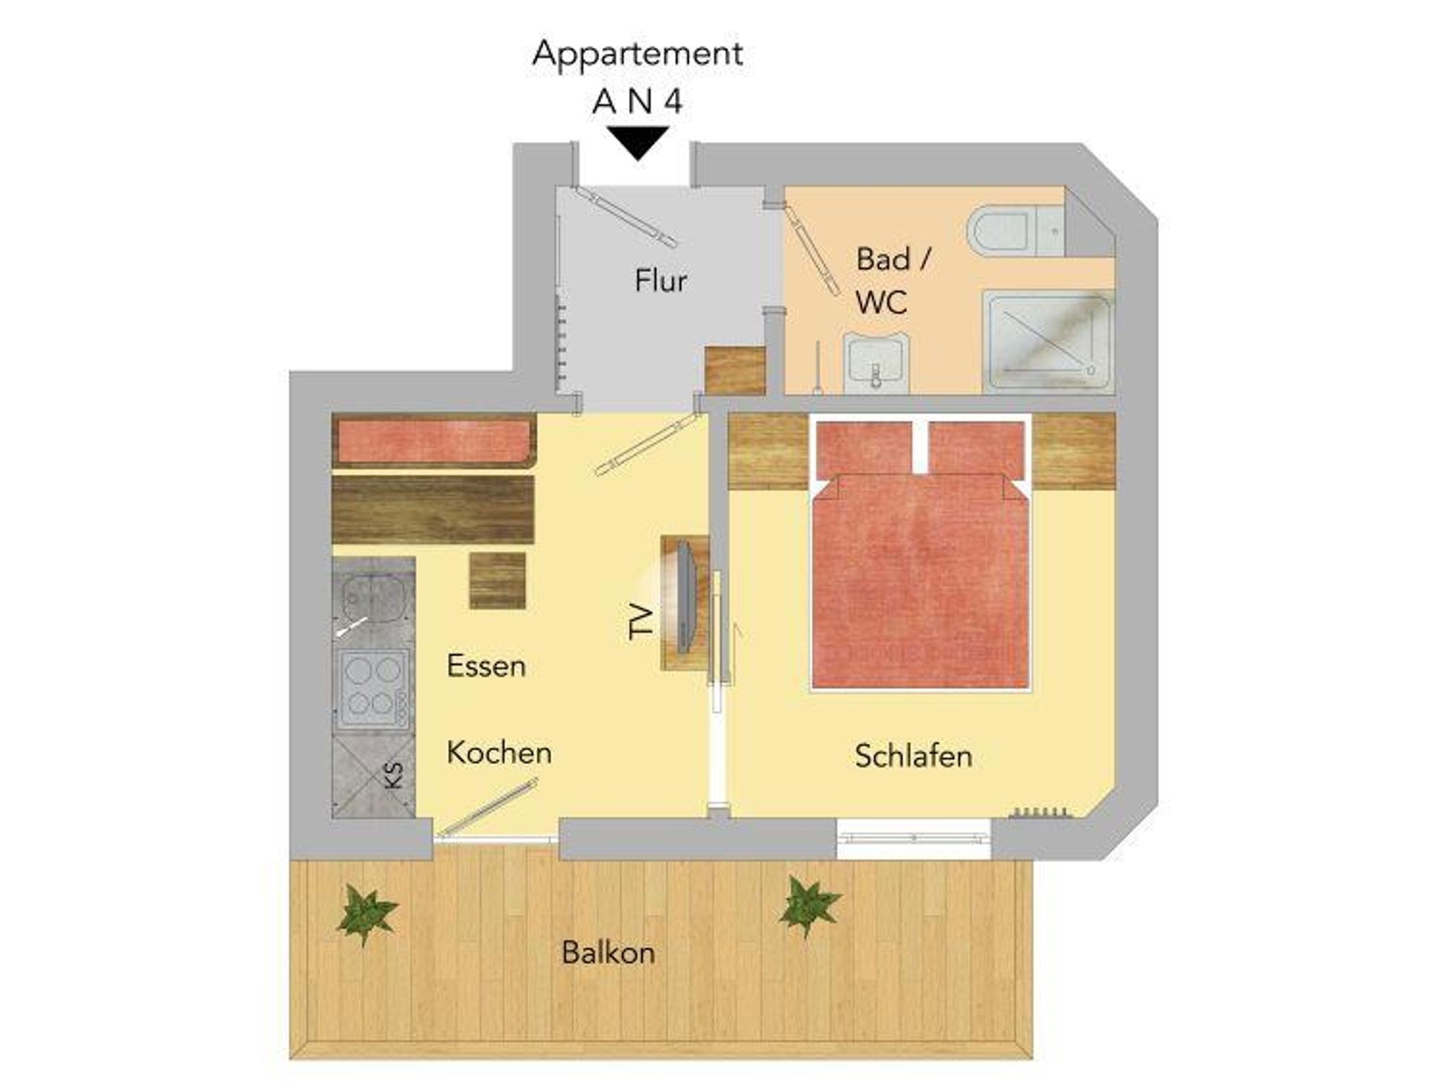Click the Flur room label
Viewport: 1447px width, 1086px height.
[661, 281]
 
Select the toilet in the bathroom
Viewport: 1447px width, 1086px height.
[1015, 231]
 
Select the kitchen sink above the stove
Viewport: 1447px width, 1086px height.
[373, 599]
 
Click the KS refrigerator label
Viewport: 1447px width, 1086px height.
[394, 775]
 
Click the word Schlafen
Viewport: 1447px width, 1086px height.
[914, 756]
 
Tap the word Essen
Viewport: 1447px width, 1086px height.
[486, 666]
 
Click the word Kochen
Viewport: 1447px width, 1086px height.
[499, 753]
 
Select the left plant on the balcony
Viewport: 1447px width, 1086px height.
[367, 914]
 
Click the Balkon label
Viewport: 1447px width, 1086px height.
[608, 953]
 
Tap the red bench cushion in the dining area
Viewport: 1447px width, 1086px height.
[434, 441]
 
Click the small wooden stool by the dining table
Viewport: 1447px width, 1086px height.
[497, 580]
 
